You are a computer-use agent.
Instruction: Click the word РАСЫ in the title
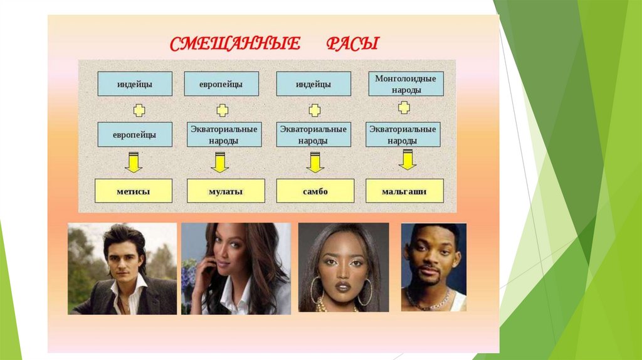click(x=352, y=45)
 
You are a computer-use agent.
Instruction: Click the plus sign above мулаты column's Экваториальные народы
click(x=222, y=110)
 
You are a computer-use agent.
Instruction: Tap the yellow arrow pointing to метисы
click(x=134, y=162)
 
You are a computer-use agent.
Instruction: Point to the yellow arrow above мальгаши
click(x=408, y=160)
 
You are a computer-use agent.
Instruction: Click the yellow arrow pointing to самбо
click(x=314, y=162)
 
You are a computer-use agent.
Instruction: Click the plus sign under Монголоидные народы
click(x=404, y=108)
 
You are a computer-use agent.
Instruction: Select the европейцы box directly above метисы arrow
click(x=134, y=134)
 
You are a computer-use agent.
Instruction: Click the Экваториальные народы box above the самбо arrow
click(x=313, y=134)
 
